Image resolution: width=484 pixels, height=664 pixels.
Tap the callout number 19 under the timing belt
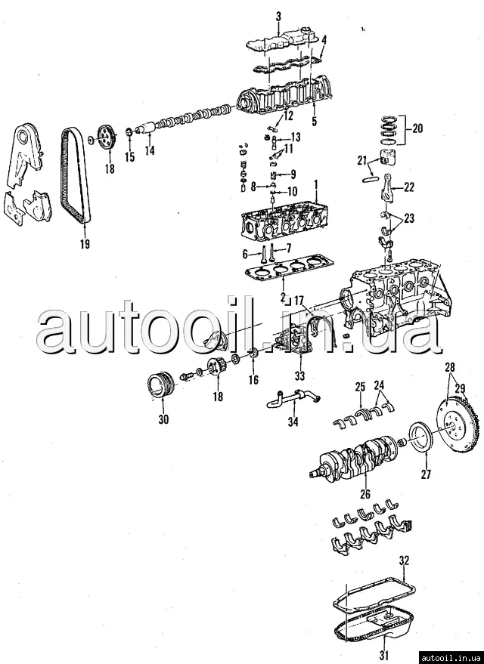coord(84,243)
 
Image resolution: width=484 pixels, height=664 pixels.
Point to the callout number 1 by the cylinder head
coord(316,184)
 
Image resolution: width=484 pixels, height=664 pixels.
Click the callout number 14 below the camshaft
coord(150,151)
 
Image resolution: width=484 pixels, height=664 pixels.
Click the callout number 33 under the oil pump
coord(299,376)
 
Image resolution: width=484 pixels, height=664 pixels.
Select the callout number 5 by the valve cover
coord(314,119)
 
